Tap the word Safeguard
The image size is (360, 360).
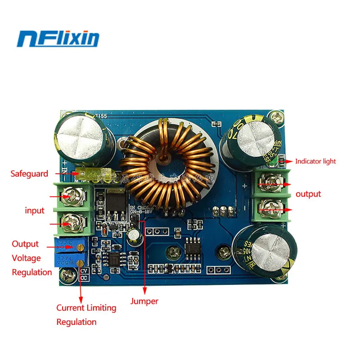click(29, 173)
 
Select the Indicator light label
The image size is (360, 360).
click(315, 161)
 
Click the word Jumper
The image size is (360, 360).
click(144, 301)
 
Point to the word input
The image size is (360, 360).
click(35, 211)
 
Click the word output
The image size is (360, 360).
click(308, 194)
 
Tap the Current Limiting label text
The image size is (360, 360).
click(86, 308)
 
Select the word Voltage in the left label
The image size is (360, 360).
click(26, 258)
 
